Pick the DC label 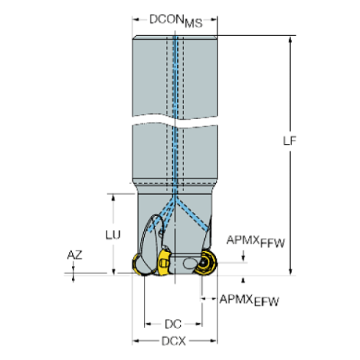click(173, 323)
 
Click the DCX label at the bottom click(174, 341)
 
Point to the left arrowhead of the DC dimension click(147, 323)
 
